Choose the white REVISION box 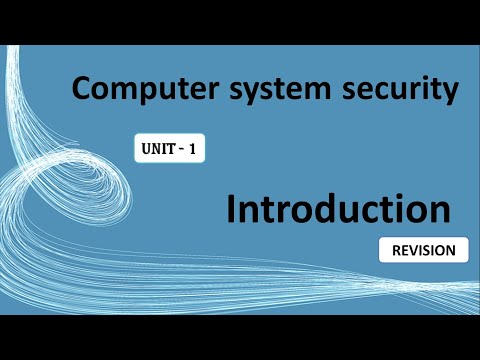tap(424, 250)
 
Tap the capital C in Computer tap(81, 91)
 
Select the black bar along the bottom tap(240, 337)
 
